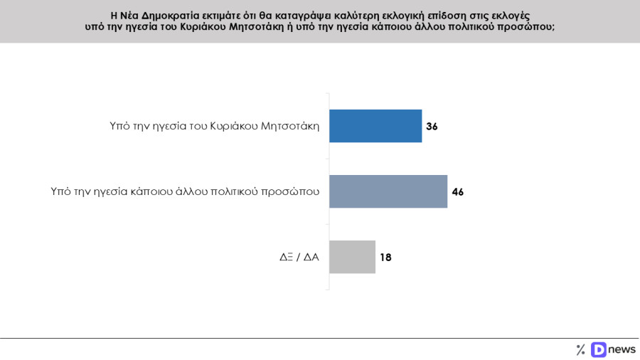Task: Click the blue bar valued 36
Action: (x=375, y=126)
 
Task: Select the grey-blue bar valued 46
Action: (x=388, y=191)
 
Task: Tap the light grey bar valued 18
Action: (x=352, y=257)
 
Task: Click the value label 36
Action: (x=432, y=127)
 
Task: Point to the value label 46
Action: (x=457, y=192)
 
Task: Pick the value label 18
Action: (x=385, y=258)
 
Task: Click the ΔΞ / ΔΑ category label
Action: (x=299, y=258)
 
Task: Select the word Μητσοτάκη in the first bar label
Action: (x=292, y=127)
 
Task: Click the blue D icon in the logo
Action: (x=598, y=349)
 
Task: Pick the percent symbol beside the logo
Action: (x=580, y=349)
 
